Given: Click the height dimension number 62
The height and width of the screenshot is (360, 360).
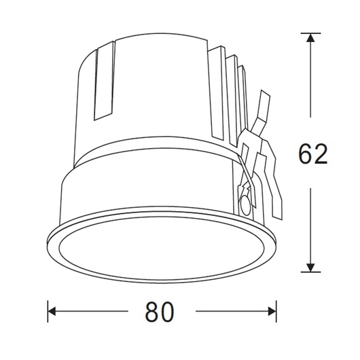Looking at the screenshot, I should click(313, 154).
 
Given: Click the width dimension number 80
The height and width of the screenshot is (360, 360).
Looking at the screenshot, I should click(160, 312).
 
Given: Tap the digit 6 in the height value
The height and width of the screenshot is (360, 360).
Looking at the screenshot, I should click(305, 154).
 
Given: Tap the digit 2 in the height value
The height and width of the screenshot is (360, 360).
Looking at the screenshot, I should click(321, 154).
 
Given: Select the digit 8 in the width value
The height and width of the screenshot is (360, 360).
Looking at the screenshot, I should click(151, 312).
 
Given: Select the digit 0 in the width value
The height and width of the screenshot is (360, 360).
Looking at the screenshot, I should click(168, 312).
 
